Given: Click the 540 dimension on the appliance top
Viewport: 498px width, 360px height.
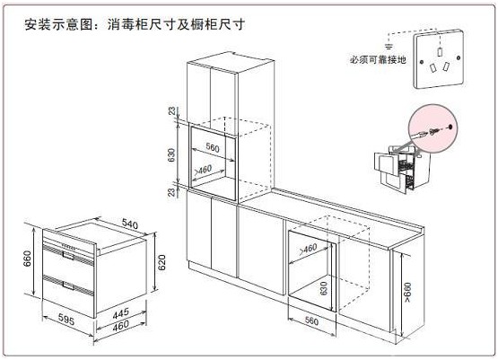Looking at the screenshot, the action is click(129, 224).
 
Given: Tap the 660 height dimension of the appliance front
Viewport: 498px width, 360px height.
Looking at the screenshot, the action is click(28, 259).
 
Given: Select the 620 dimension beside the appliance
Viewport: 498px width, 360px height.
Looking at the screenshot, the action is click(162, 262).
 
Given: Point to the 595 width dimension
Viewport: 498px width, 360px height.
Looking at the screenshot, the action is click(66, 319).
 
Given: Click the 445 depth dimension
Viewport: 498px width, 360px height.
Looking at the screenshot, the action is click(121, 313).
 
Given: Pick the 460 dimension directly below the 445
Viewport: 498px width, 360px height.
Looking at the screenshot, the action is click(121, 326).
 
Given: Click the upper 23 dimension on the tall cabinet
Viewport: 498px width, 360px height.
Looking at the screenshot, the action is click(171, 111).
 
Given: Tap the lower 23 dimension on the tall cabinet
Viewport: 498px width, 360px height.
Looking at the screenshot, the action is click(171, 192).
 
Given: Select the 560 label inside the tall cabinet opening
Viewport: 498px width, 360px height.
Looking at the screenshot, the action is click(213, 147).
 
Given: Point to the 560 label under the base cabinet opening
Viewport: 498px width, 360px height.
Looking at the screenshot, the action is click(311, 320).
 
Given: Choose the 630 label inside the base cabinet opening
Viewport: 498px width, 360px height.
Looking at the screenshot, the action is click(324, 288).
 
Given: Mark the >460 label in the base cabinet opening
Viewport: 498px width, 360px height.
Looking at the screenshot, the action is click(308, 249).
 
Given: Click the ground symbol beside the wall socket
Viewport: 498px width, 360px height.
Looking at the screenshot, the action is click(389, 46).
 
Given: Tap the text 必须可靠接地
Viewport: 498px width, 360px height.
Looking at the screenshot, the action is click(378, 59).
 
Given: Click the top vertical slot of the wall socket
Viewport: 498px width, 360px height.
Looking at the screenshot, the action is click(440, 52).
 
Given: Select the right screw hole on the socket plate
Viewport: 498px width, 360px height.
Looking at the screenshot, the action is click(459, 57).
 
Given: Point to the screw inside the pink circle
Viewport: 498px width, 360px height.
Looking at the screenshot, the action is click(434, 131).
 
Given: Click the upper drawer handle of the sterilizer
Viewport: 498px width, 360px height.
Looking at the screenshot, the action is click(68, 255).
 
